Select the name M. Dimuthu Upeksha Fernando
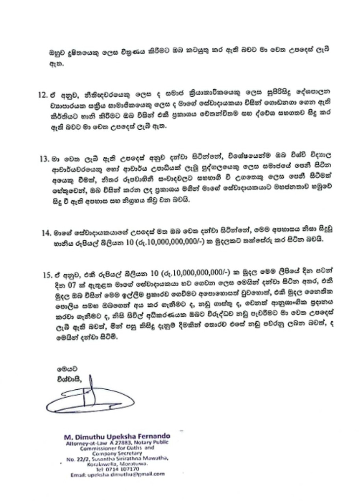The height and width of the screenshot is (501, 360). pos(117,436)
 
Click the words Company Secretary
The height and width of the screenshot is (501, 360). pos(117,453)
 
